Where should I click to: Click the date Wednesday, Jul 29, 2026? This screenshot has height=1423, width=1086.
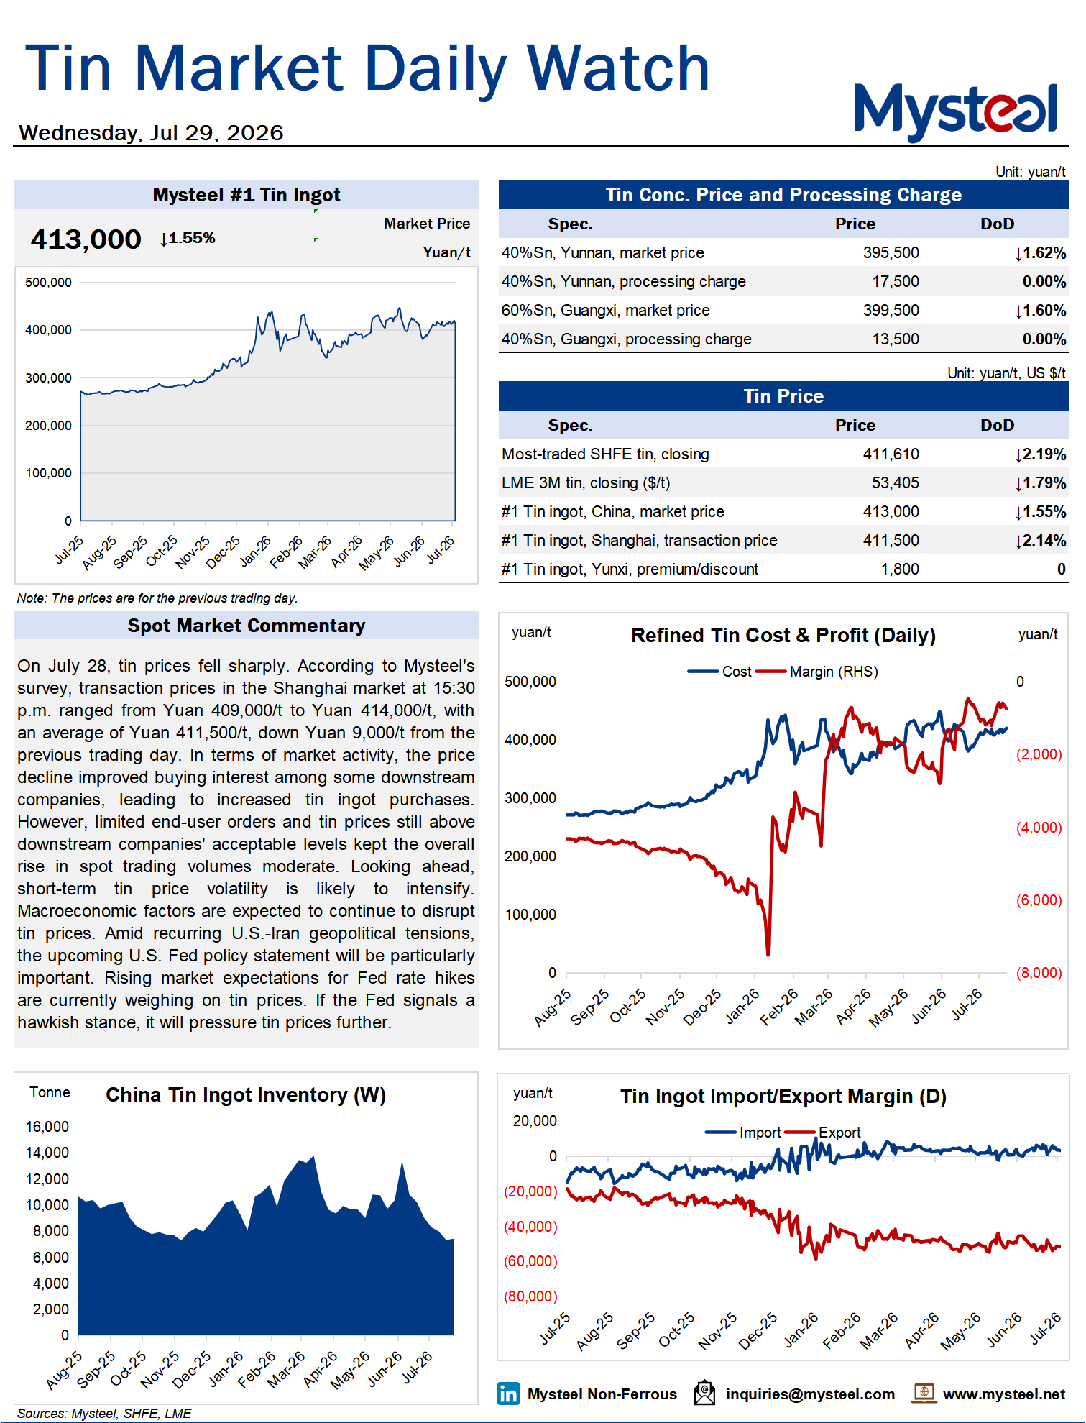point(151,133)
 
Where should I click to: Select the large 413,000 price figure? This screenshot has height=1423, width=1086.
point(86,239)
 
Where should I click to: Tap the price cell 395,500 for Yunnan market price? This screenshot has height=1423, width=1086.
point(891,253)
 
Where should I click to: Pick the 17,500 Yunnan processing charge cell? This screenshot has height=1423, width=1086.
point(895,282)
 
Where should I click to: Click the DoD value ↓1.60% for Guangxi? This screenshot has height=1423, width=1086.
point(1040,311)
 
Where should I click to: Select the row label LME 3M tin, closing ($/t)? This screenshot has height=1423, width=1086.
point(586,483)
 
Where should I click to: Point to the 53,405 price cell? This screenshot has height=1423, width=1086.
point(895,483)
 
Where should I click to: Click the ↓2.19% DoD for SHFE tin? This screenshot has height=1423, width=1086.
point(1040,454)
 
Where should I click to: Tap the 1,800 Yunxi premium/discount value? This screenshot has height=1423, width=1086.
point(900,569)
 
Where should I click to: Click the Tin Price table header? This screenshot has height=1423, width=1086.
point(783,396)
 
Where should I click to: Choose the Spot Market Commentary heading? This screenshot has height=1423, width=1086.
point(247,626)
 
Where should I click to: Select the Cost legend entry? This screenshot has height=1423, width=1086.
point(720,672)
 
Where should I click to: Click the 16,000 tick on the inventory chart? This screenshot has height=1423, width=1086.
point(47,1127)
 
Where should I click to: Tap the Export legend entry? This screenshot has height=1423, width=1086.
point(824,1133)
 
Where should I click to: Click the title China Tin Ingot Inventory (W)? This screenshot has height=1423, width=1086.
point(246,1095)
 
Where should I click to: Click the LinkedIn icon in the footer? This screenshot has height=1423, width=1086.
point(508,1394)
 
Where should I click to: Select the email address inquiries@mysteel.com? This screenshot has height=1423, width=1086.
point(810,1394)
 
